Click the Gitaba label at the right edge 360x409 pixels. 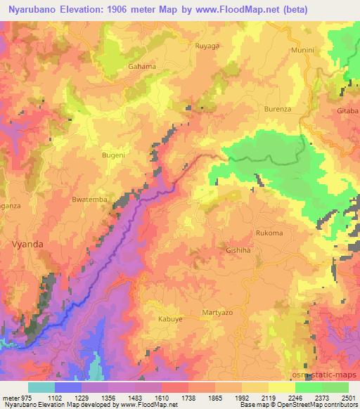(x=348, y=112)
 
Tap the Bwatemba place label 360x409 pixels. (x=89, y=200)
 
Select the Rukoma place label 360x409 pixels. (x=269, y=233)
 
